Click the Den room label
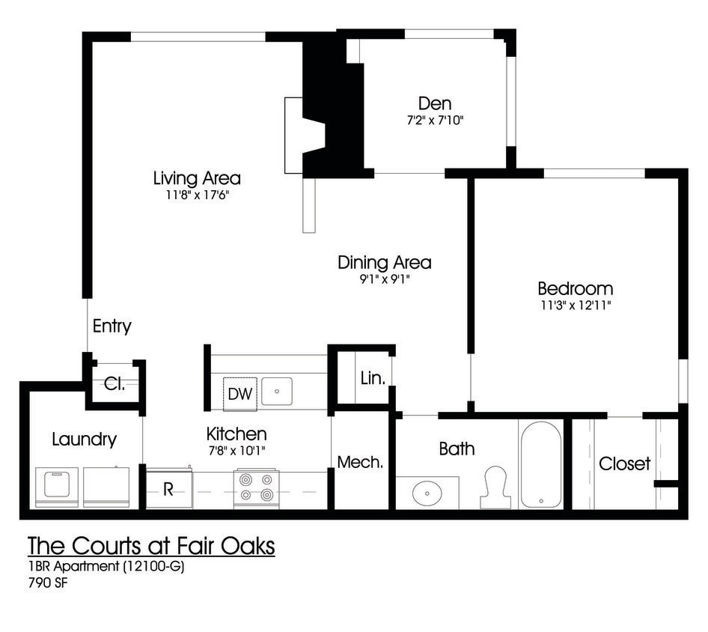435,103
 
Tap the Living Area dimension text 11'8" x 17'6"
197,195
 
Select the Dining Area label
384,263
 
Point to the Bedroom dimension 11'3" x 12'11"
575,305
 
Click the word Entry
112,326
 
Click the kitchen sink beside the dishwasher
277,391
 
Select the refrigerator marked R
169,490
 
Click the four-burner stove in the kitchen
256,489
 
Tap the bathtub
540,464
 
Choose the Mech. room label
360,462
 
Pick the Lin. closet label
373,378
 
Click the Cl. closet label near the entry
115,384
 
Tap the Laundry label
84,440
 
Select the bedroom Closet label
624,464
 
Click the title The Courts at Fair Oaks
151,547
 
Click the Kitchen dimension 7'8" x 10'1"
236,450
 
